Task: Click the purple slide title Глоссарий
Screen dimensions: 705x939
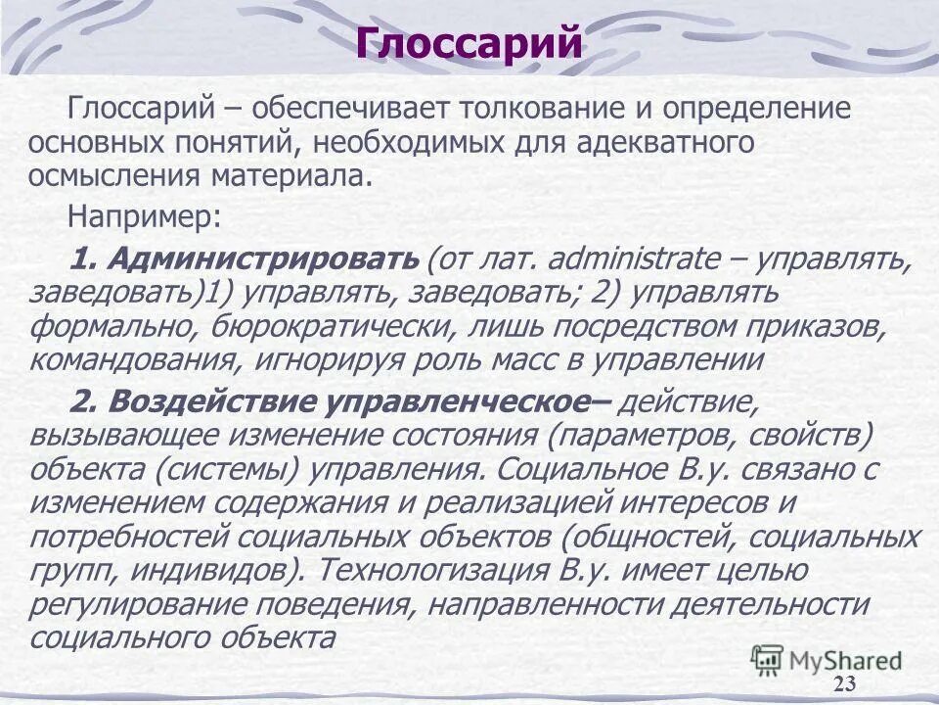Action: point(469,44)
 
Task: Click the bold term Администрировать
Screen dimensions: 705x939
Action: point(263,258)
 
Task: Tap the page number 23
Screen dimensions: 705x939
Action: point(845,683)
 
